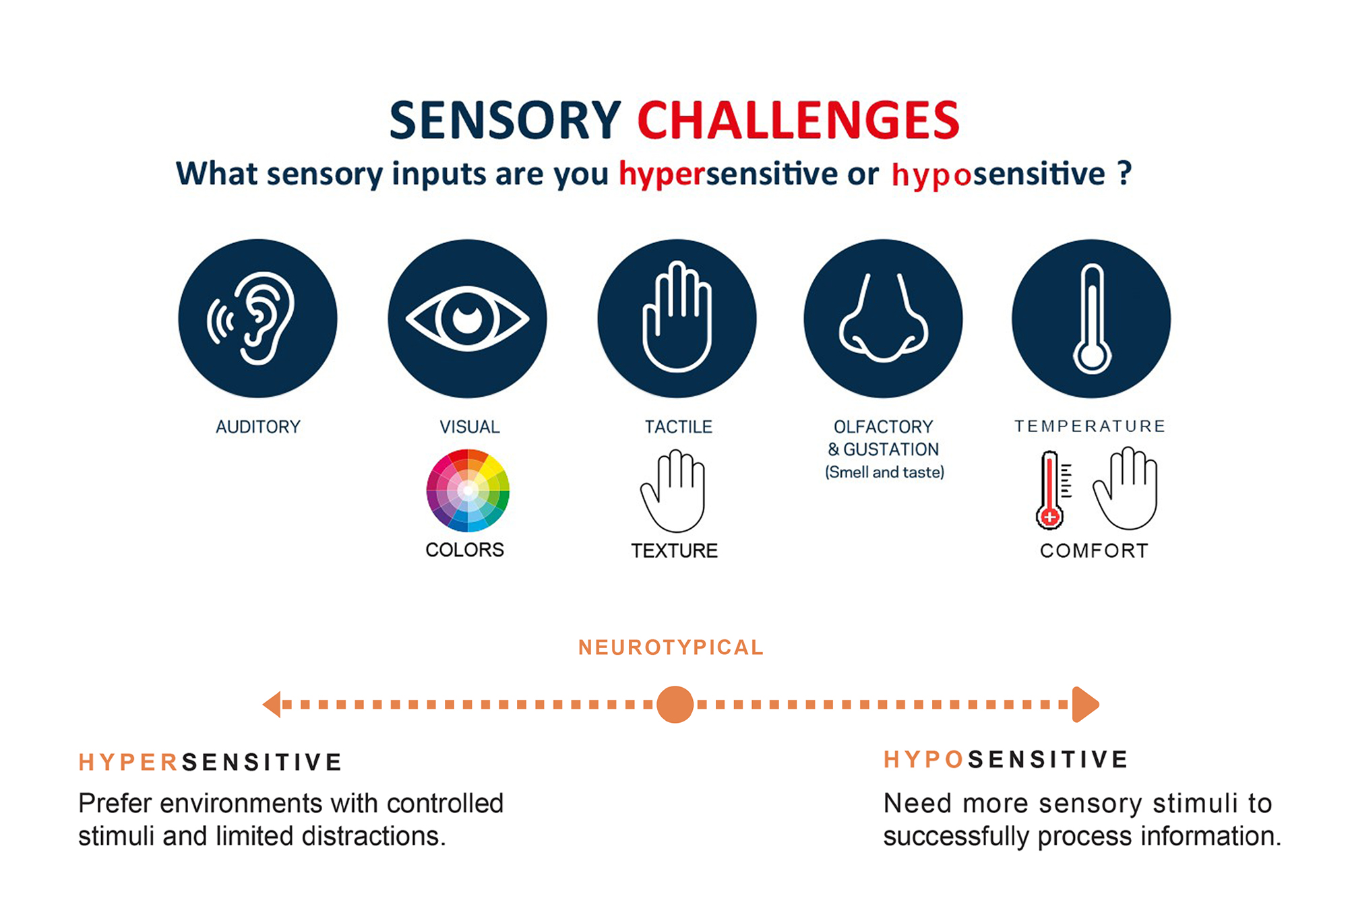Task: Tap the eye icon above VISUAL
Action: click(x=467, y=319)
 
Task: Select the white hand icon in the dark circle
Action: click(x=677, y=316)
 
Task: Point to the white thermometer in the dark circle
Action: click(x=1092, y=319)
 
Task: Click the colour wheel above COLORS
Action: click(x=468, y=490)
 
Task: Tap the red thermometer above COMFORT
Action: click(x=1051, y=490)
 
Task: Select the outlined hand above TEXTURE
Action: click(x=673, y=492)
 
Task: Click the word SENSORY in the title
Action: click(x=505, y=121)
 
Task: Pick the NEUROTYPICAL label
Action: click(x=671, y=647)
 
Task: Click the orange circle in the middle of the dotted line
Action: click(x=675, y=705)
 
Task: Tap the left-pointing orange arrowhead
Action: click(x=272, y=705)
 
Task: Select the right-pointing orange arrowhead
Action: click(x=1086, y=705)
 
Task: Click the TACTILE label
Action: click(x=678, y=427)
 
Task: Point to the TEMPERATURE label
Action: click(x=1090, y=426)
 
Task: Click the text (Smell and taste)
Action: click(x=885, y=472)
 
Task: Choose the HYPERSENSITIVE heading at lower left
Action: click(x=210, y=762)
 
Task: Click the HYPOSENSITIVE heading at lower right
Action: click(x=1006, y=760)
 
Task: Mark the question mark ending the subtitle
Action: click(x=1124, y=173)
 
